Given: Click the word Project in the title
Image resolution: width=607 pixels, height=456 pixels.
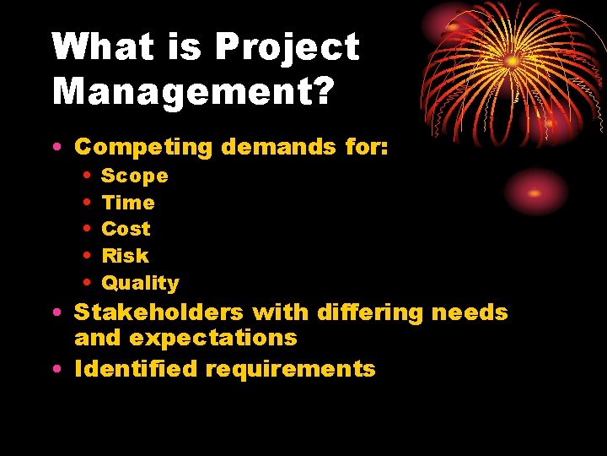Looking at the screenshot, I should click(287, 48).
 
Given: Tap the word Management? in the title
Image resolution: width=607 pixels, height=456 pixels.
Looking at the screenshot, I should click(192, 90).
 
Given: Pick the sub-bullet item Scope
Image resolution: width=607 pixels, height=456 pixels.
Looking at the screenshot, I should click(135, 176).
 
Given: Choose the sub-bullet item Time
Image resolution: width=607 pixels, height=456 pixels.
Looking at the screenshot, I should click(128, 203).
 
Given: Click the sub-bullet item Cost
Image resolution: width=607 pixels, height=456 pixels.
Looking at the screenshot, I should click(126, 229).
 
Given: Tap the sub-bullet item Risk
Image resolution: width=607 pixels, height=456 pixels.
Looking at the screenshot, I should click(125, 256).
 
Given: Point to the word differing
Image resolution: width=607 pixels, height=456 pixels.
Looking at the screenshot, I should click(370, 313).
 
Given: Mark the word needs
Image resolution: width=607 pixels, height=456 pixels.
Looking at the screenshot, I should click(470, 312).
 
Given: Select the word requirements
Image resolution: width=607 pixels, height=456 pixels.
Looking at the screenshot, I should click(290, 370).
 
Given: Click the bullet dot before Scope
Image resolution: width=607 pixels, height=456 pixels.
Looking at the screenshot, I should click(88, 176).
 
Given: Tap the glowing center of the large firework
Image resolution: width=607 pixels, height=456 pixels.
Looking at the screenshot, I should click(512, 61).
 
